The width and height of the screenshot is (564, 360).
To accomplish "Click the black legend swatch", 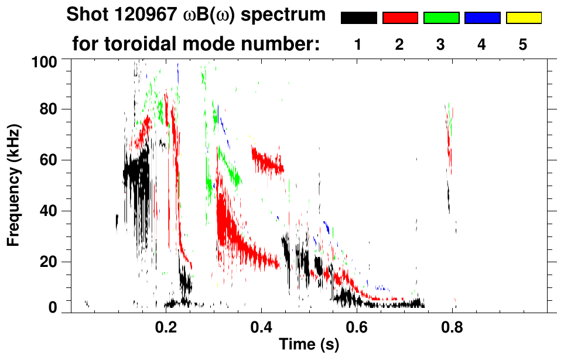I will point(359,18).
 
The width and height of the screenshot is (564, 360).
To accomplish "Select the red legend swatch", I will point(400,18).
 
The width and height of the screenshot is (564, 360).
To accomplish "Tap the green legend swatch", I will point(441,18).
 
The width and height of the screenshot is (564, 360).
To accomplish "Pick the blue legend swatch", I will point(482,18).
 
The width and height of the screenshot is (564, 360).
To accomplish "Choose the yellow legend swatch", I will point(523,18).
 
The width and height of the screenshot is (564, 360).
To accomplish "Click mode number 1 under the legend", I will point(358,45).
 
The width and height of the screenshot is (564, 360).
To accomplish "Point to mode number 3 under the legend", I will point(441,45).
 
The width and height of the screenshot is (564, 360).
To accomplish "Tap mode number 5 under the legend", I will point(523,45).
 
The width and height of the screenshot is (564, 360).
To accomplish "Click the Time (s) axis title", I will point(309,345).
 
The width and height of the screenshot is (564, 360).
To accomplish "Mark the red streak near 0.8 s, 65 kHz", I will point(450,146).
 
